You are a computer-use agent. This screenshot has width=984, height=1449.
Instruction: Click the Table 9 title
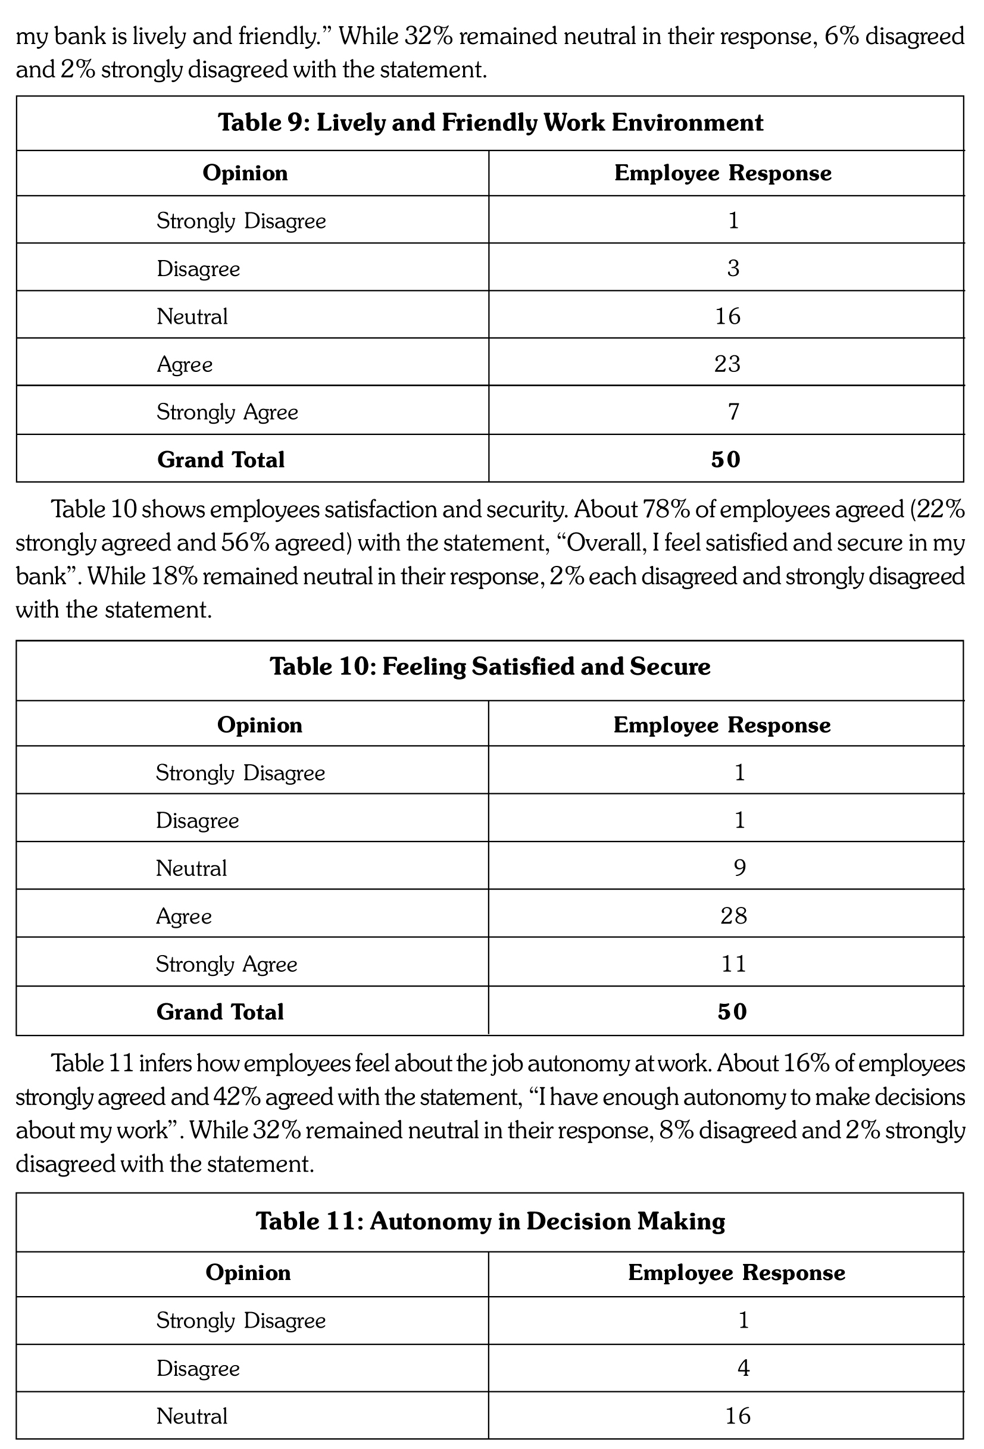pos(490,123)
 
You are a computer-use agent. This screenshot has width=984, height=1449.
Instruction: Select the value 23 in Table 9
pos(727,364)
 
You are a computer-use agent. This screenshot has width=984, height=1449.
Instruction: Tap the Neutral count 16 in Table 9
pos(727,316)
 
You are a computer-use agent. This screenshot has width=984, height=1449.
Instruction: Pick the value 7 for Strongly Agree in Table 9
pos(733,412)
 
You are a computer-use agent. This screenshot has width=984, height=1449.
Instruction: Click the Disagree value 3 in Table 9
pos(733,268)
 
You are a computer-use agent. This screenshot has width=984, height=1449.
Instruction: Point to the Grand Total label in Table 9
pos(221,459)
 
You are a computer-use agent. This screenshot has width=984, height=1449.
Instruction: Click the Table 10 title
pos(490,666)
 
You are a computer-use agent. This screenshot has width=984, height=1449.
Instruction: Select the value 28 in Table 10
pos(733,915)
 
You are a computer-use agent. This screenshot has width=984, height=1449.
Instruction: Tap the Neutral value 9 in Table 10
pos(739,868)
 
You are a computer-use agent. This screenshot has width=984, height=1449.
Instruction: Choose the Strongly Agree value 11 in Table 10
pos(733,964)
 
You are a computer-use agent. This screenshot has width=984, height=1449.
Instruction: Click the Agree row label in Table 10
pos(184,916)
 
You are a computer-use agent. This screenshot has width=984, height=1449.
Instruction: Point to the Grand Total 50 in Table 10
pos(732,1011)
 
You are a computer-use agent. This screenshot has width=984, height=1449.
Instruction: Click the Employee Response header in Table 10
pos(722,725)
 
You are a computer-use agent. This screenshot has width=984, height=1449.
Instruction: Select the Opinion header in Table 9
pos(245,173)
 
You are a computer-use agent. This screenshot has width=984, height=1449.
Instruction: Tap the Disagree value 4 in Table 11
pos(744,1368)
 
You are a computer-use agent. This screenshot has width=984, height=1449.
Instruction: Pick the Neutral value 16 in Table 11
pos(738,1416)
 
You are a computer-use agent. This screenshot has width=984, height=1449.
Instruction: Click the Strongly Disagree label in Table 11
pos(240,1320)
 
